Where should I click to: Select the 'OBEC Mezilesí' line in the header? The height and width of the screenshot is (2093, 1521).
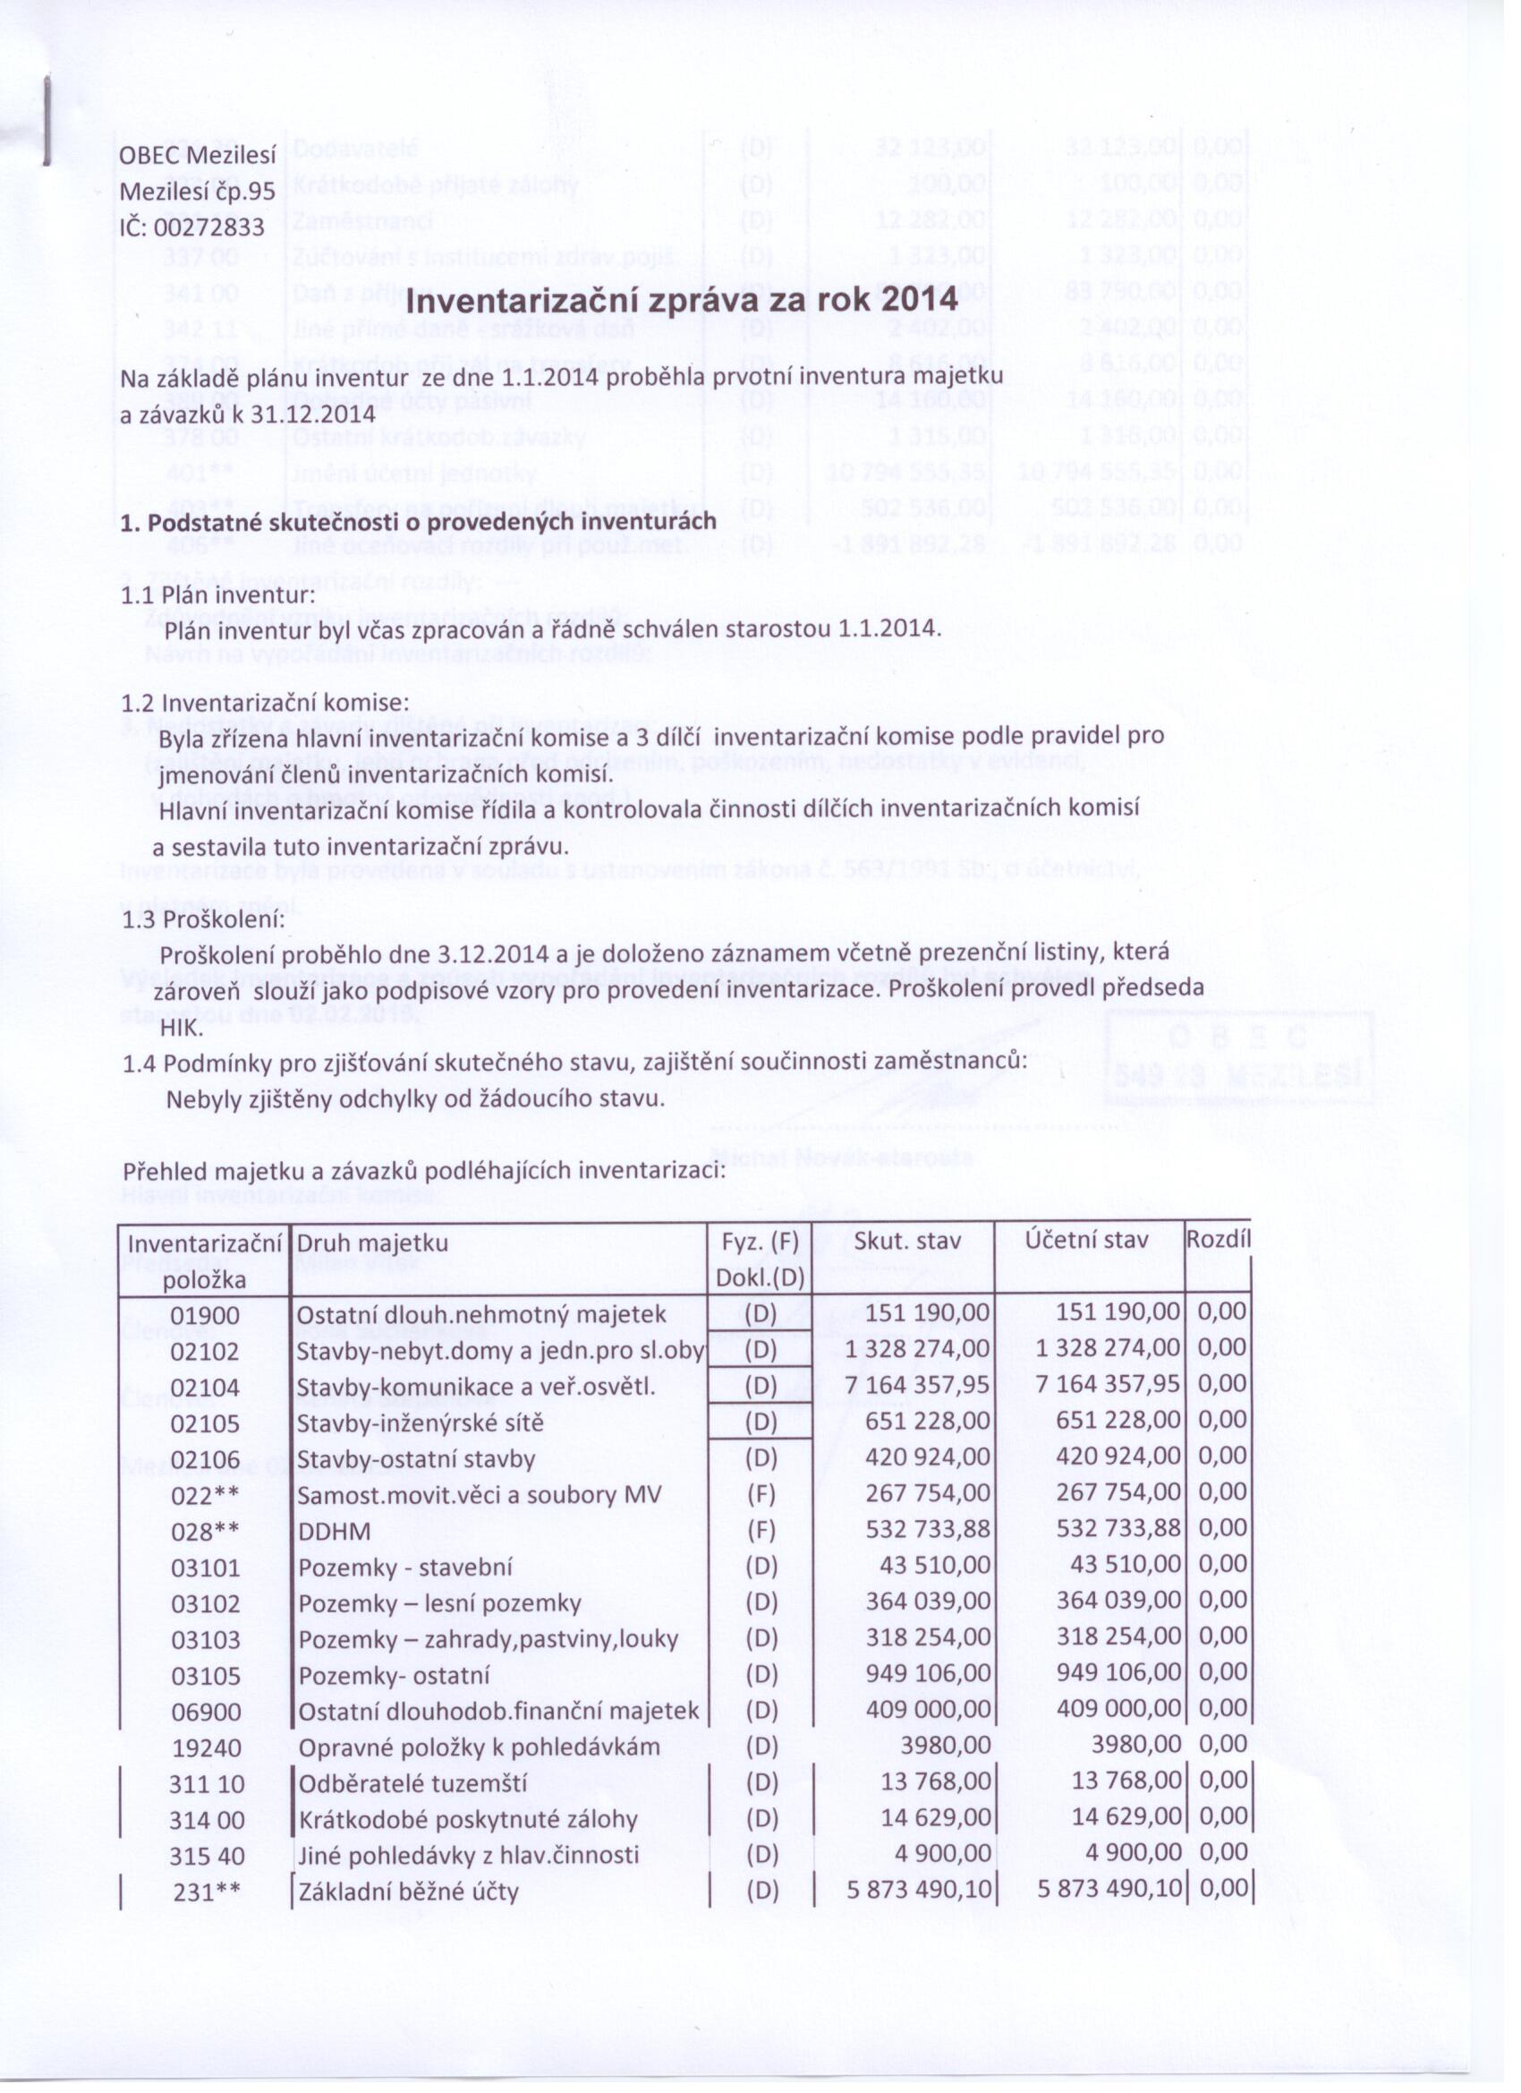[x=199, y=156]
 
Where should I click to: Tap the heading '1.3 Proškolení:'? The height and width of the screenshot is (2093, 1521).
[x=203, y=920]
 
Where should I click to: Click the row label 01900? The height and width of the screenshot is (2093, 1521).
[x=205, y=1315]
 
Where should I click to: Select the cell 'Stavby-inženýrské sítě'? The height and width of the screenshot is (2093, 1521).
[x=420, y=1423]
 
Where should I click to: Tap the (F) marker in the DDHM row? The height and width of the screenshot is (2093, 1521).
[x=761, y=1531]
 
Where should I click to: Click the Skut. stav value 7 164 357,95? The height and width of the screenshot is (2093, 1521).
[x=918, y=1386]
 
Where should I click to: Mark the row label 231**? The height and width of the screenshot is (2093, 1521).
[x=207, y=1892]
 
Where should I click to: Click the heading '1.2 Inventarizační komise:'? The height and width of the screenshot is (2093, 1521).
[x=265, y=702]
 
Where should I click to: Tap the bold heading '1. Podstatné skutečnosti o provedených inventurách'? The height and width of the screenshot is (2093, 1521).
[x=419, y=522]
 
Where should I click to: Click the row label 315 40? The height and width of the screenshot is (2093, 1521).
[x=207, y=1856]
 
